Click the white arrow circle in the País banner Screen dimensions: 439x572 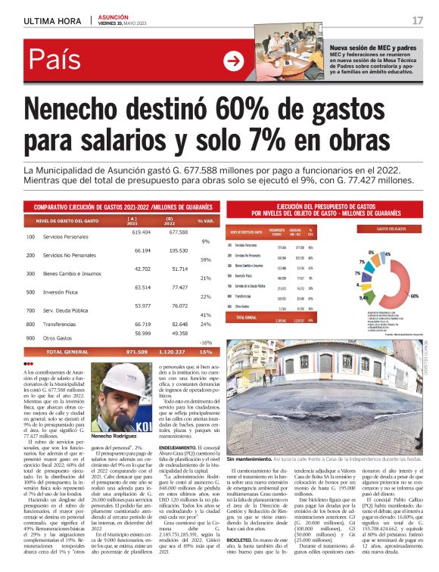coord(235,62)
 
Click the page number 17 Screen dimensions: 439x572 coord(418,20)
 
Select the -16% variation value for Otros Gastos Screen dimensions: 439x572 coord(205,342)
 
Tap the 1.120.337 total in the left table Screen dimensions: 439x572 coord(173,352)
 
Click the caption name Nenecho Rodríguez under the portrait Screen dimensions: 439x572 coord(114,437)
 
